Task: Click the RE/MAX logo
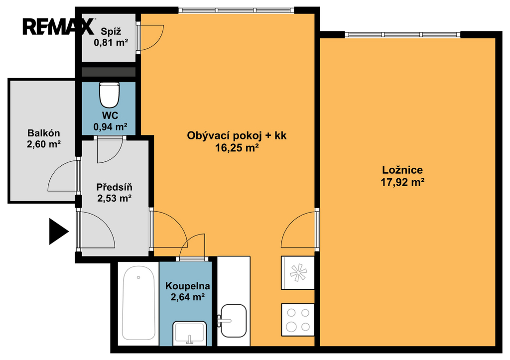(59, 26)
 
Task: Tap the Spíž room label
(111, 31)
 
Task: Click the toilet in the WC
(109, 95)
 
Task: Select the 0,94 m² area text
(110, 126)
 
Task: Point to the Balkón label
(44, 133)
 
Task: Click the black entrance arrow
(59, 232)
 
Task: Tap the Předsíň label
(114, 187)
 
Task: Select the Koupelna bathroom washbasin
(190, 333)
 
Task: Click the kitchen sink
(233, 321)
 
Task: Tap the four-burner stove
(298, 320)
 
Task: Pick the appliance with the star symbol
(298, 273)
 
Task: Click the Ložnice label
(402, 170)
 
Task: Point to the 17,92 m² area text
(402, 182)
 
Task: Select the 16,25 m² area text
(237, 148)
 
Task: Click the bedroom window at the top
(402, 34)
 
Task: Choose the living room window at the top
(237, 10)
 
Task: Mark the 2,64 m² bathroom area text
(188, 297)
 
